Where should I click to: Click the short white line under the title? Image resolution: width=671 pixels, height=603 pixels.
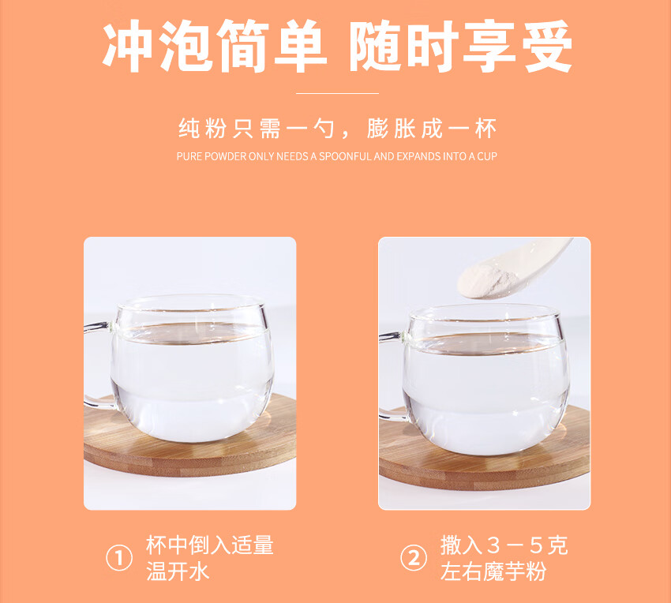[x=336, y=93]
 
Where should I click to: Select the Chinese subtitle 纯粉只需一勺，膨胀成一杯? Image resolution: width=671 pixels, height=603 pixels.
[x=336, y=129]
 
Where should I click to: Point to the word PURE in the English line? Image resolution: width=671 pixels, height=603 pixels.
[x=189, y=156]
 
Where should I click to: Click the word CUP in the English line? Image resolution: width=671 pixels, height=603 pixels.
[x=487, y=156]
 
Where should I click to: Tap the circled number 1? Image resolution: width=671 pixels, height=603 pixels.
[x=118, y=559]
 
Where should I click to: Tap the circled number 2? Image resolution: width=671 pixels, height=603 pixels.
[x=413, y=559]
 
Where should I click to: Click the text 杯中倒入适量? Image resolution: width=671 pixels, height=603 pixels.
[x=209, y=545]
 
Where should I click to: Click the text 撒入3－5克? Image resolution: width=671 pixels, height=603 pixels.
[x=504, y=545]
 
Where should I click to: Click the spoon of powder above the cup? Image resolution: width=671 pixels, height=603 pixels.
[x=505, y=273]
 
